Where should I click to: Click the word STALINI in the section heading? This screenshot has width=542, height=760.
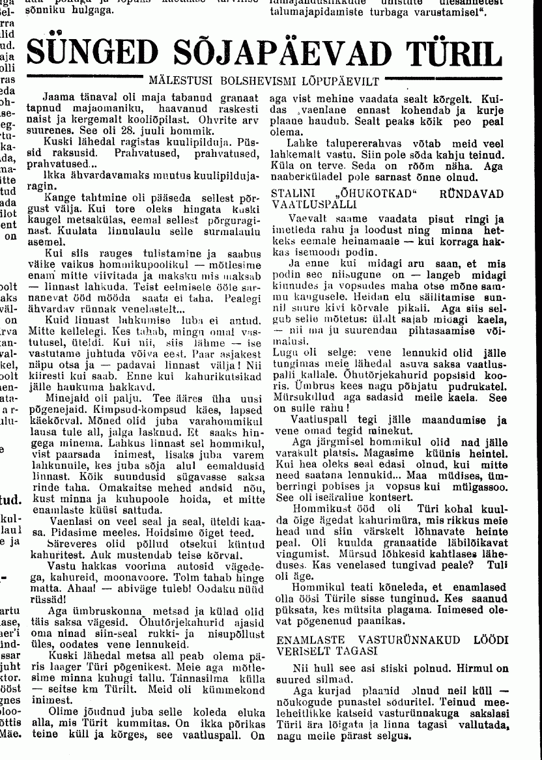coord(291,193)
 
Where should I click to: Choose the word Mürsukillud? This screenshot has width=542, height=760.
coord(302,397)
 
